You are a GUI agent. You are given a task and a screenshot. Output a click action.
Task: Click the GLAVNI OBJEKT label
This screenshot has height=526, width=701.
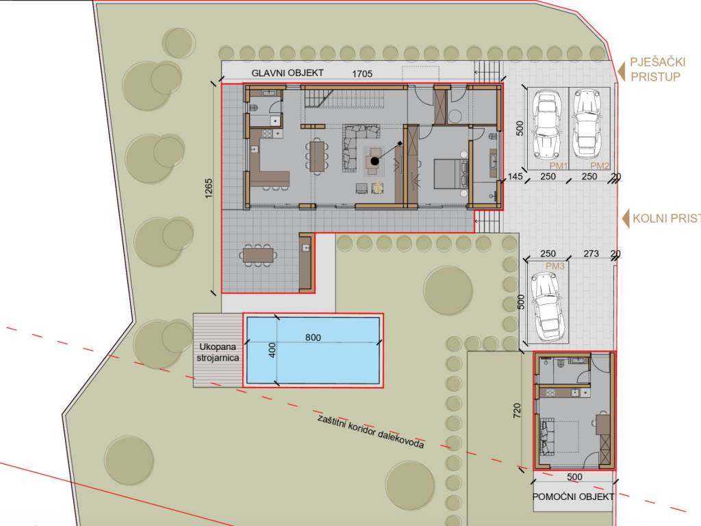tap(288, 73)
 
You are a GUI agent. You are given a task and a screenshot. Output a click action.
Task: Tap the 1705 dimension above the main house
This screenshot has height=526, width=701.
tap(362, 74)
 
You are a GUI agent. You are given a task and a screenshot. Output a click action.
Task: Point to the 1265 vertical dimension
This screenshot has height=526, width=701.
tap(209, 188)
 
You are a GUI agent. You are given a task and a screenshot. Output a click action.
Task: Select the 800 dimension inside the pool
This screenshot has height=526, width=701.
tap(313, 337)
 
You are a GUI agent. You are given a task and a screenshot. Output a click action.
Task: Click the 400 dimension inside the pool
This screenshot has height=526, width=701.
tap(272, 350)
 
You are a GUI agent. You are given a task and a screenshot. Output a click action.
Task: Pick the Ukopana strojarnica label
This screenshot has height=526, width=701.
tap(218, 353)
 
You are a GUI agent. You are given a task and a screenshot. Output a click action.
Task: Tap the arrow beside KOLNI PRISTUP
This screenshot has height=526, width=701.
tap(626, 218)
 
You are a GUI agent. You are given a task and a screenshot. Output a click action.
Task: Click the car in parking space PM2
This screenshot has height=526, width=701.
tap(587, 123)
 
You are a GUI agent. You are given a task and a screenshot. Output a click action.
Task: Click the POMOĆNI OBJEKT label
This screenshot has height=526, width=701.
tap(573, 497)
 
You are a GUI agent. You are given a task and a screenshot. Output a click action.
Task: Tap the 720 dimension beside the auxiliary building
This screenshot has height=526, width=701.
tap(517, 411)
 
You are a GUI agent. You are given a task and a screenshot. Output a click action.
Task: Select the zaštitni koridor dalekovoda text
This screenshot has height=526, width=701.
tap(370, 431)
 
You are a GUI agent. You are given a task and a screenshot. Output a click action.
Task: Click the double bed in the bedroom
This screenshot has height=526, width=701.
tap(450, 174)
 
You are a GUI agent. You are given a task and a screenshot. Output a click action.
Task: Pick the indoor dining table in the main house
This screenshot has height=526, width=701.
tap(317, 155)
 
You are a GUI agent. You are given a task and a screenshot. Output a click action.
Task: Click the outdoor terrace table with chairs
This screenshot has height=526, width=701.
tap(258, 255)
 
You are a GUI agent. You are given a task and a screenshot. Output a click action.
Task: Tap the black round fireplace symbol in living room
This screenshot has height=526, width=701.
tap(374, 161)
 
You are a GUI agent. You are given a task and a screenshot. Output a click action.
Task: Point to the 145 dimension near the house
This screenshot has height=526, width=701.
tap(515, 176)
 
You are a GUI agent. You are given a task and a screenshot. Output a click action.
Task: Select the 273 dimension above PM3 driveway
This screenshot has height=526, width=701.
tap(591, 253)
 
